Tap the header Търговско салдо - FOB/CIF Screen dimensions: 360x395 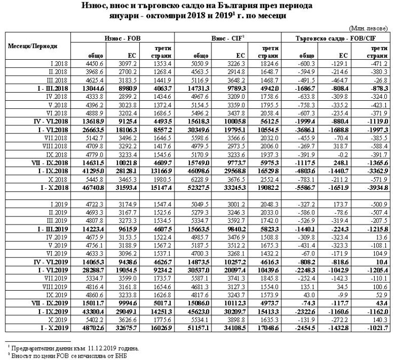pyautogui.click(x=338, y=39)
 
